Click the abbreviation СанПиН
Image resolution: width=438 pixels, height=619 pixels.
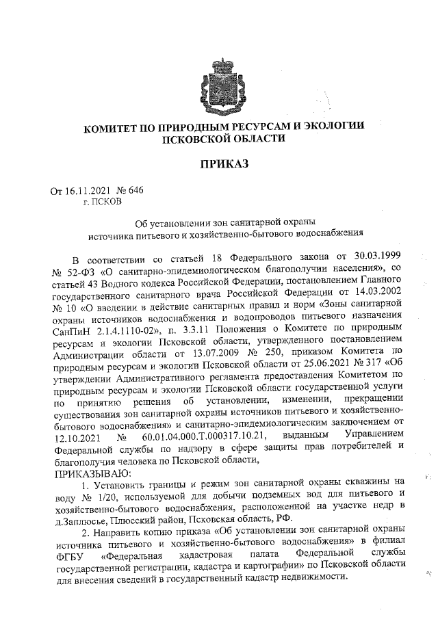(x=74, y=333)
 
